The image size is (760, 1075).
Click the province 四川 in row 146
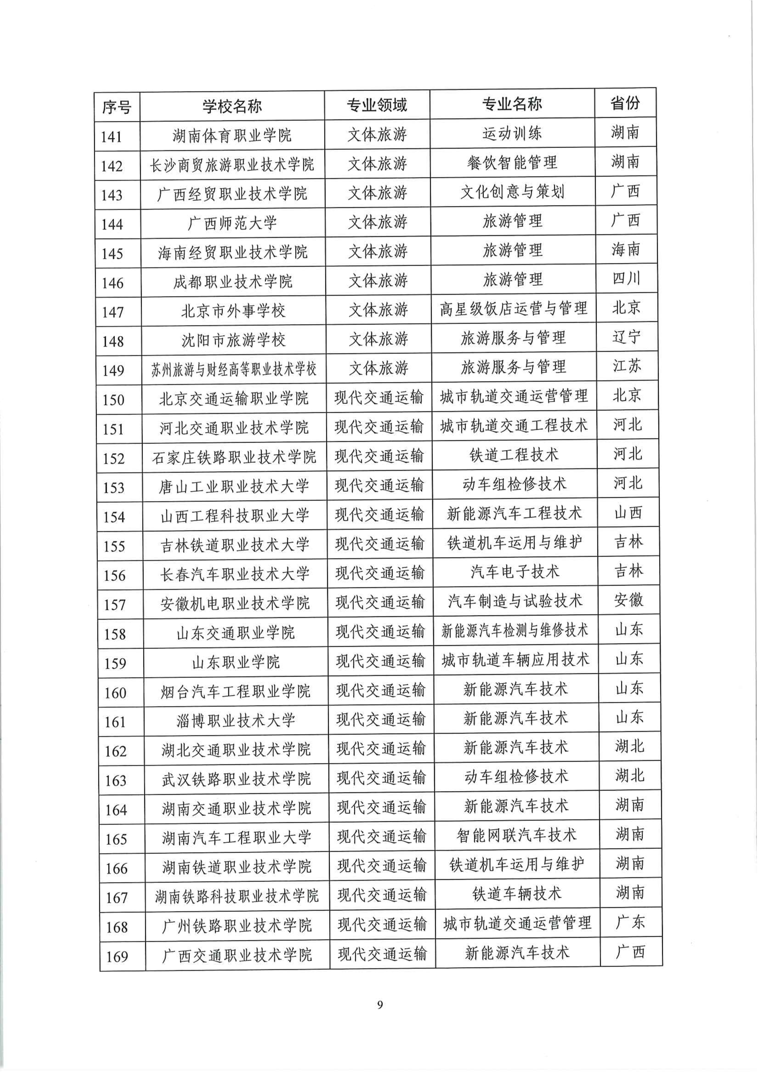point(626,279)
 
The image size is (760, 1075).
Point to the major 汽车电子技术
point(515,572)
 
